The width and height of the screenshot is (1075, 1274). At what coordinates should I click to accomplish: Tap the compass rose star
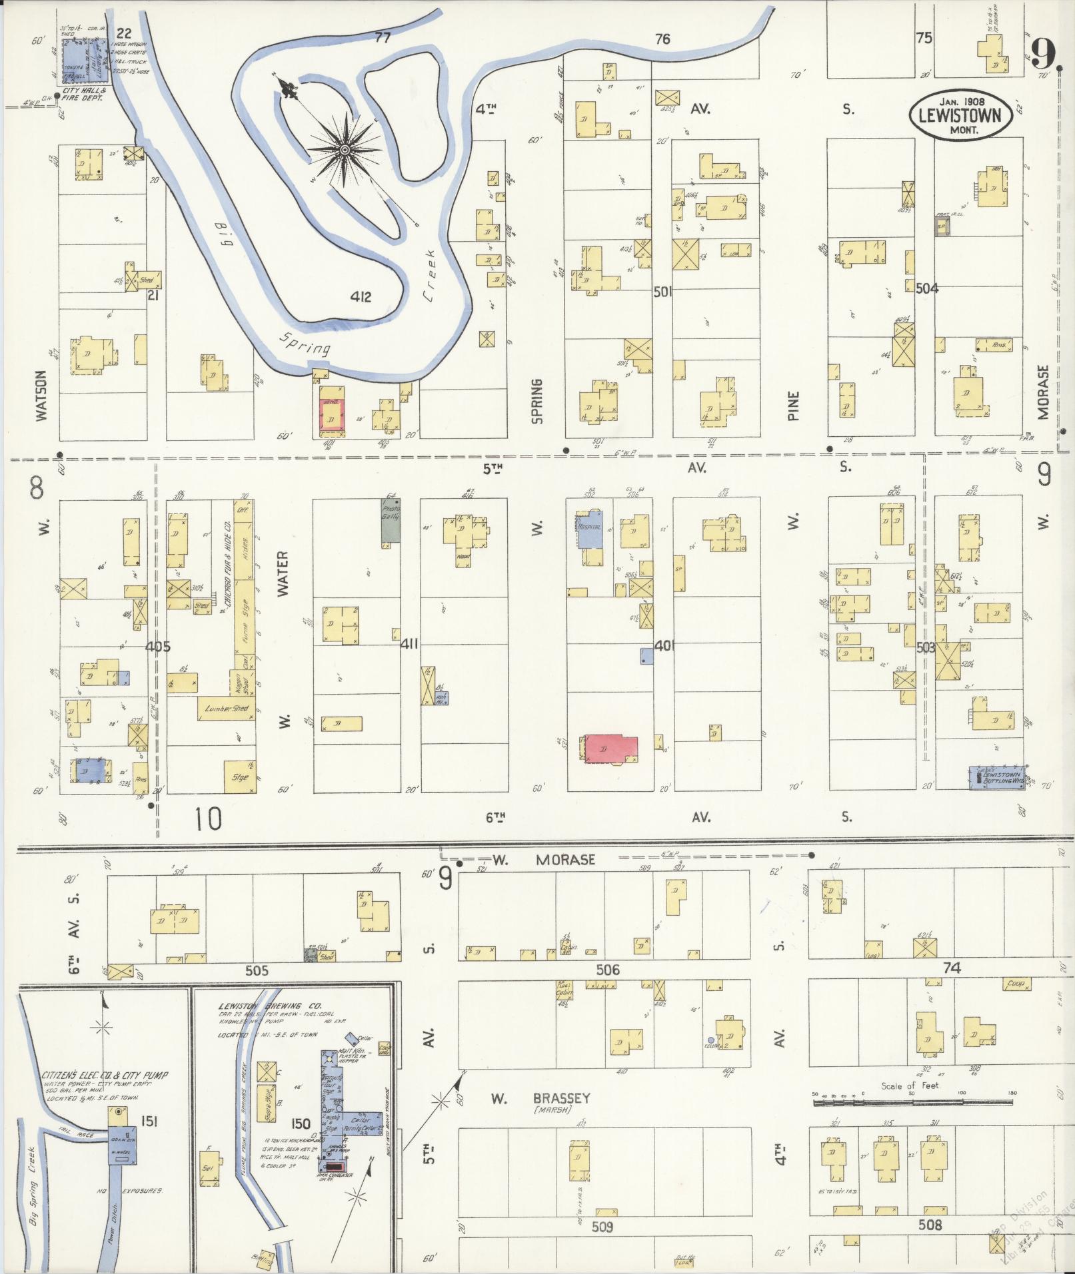point(345,151)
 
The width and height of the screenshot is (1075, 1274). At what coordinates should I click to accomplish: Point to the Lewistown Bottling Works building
point(995,777)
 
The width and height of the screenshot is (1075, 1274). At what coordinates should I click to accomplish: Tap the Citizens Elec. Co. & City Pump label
point(105,1075)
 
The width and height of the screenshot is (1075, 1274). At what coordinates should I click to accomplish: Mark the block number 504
point(927,288)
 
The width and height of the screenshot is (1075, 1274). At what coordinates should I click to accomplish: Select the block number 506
point(607,970)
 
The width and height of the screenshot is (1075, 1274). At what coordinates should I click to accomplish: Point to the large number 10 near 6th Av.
point(209,818)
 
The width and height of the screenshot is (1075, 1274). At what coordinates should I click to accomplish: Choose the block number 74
point(952,968)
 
